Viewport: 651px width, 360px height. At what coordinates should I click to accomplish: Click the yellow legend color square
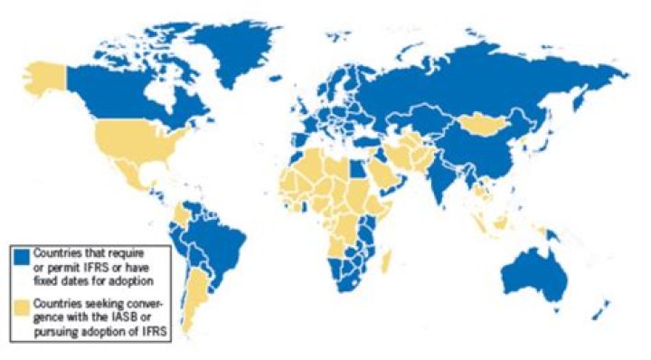pyautogui.click(x=21, y=306)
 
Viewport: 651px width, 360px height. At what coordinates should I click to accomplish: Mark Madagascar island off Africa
pyautogui.click(x=388, y=263)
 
